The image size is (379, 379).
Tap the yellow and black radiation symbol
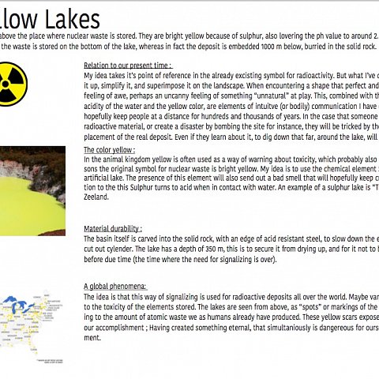[12, 81]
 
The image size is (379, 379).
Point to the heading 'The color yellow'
[109, 148]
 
